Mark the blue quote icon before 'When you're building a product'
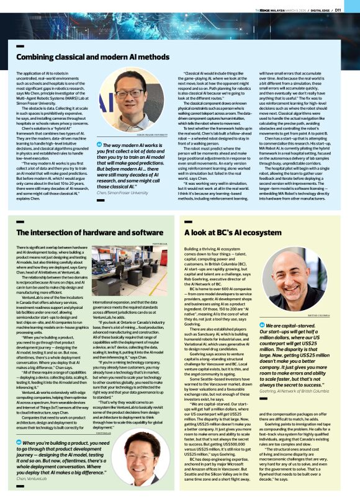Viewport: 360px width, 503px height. coord(19,425)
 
